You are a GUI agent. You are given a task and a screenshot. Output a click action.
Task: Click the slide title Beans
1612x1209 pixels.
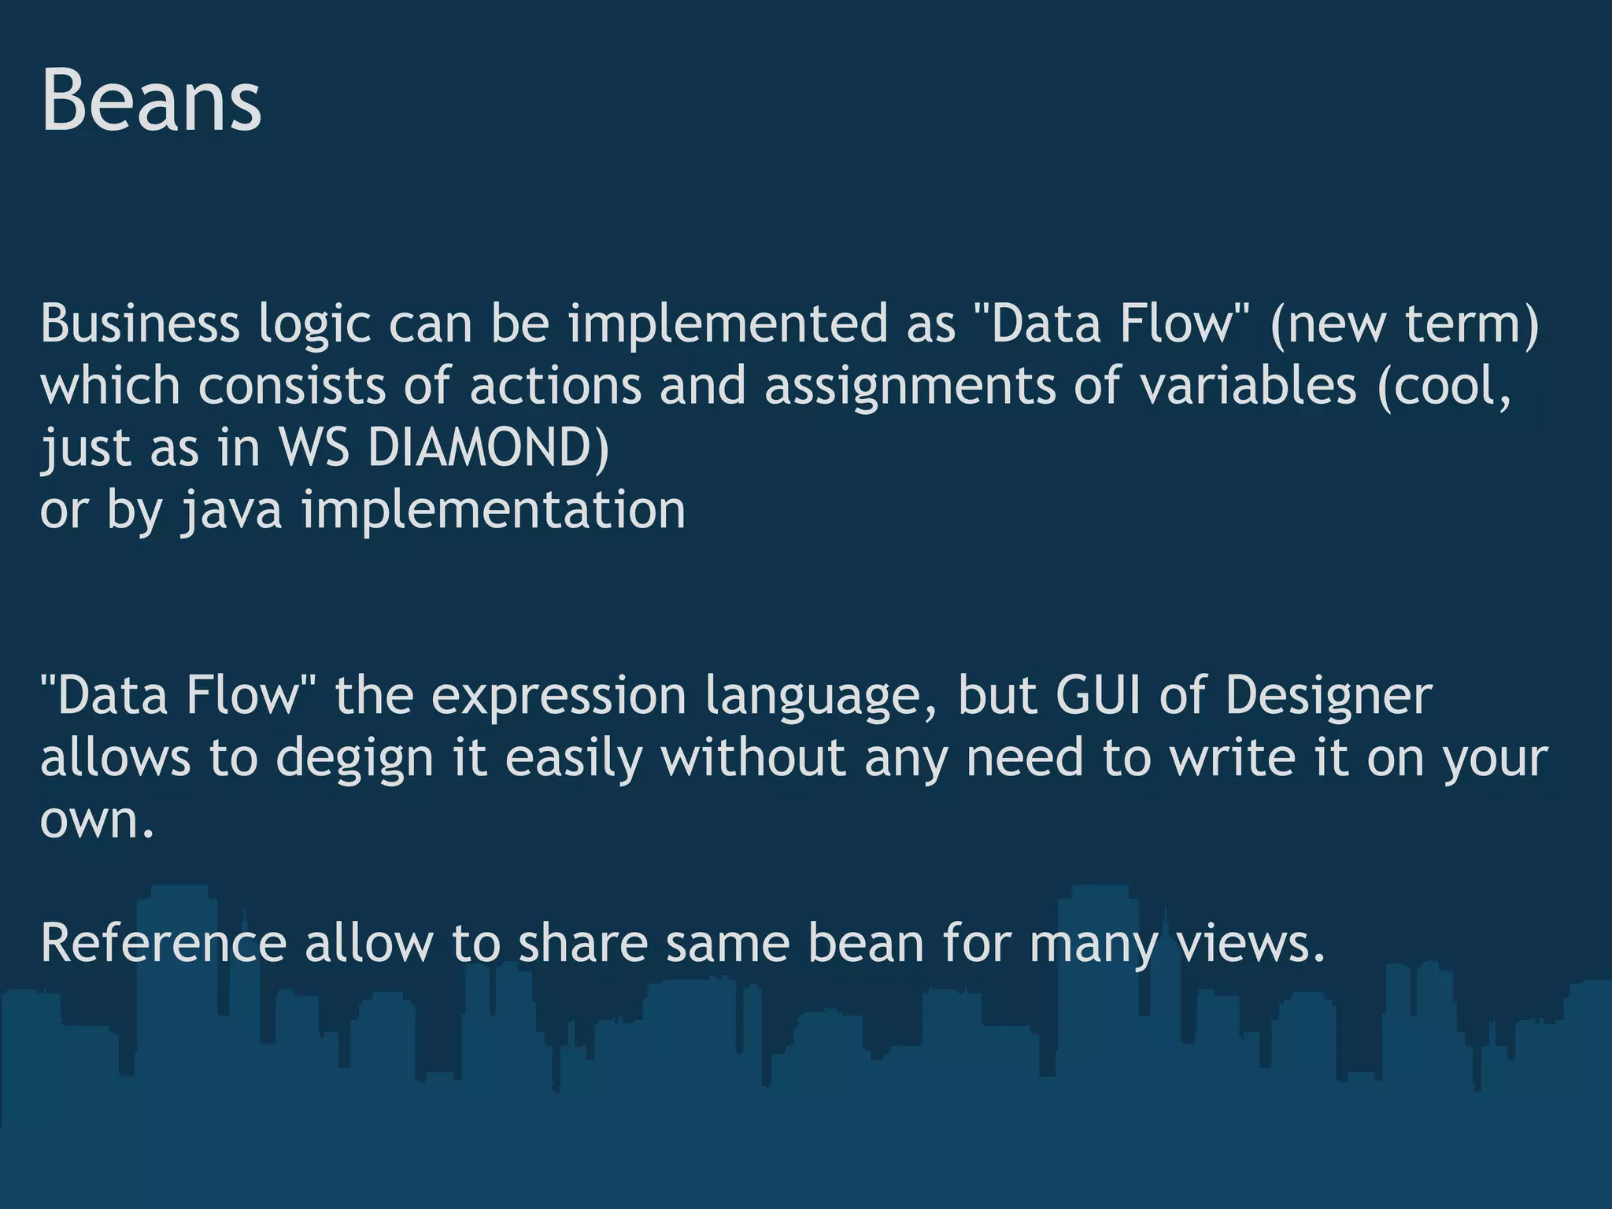(x=150, y=101)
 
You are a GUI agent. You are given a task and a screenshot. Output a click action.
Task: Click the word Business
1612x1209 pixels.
(x=139, y=324)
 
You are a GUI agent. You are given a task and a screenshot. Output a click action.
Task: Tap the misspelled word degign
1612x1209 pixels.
(x=355, y=758)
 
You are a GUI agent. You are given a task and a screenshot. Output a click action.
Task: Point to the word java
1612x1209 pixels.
(x=231, y=510)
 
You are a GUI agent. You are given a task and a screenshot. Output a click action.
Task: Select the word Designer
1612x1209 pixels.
(x=1329, y=696)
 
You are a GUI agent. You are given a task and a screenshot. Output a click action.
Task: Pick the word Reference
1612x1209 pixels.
(x=163, y=943)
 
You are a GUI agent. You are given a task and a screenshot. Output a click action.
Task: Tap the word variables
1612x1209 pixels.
(x=1249, y=386)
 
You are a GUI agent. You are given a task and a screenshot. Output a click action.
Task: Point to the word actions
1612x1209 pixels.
(x=556, y=386)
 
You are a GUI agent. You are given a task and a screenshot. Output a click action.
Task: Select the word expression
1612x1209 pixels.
(x=559, y=696)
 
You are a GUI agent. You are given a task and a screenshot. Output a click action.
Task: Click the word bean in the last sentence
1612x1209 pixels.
(x=865, y=943)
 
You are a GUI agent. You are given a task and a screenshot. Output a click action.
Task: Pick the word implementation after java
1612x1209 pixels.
(x=494, y=510)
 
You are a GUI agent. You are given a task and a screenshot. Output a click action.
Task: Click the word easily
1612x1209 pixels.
(x=573, y=758)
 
